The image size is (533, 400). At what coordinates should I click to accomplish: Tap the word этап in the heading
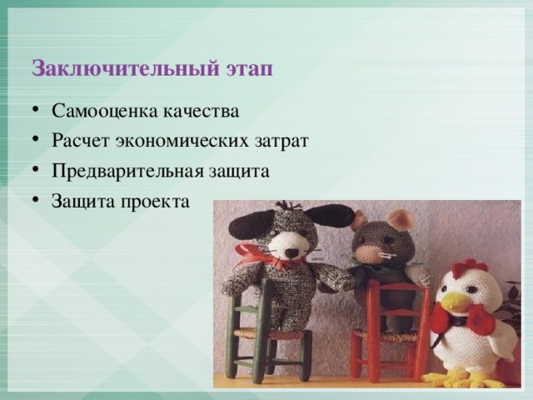(249, 69)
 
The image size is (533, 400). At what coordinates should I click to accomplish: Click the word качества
(201, 111)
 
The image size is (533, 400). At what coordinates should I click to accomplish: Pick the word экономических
(182, 141)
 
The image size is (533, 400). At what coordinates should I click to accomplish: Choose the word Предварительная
(127, 171)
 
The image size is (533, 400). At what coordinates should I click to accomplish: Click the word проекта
(155, 202)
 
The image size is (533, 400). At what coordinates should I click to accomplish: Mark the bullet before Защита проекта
(36, 200)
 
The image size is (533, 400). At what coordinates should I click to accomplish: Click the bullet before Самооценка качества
(36, 110)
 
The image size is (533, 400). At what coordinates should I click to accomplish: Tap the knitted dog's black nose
(291, 253)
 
